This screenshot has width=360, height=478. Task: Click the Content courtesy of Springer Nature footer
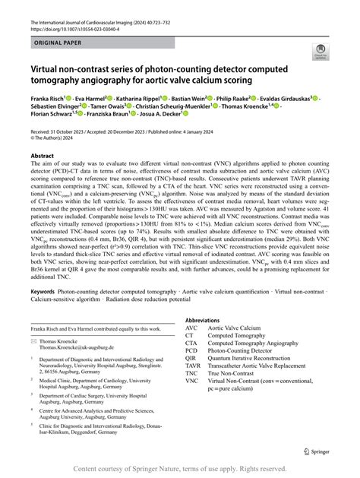(x=179, y=470)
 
